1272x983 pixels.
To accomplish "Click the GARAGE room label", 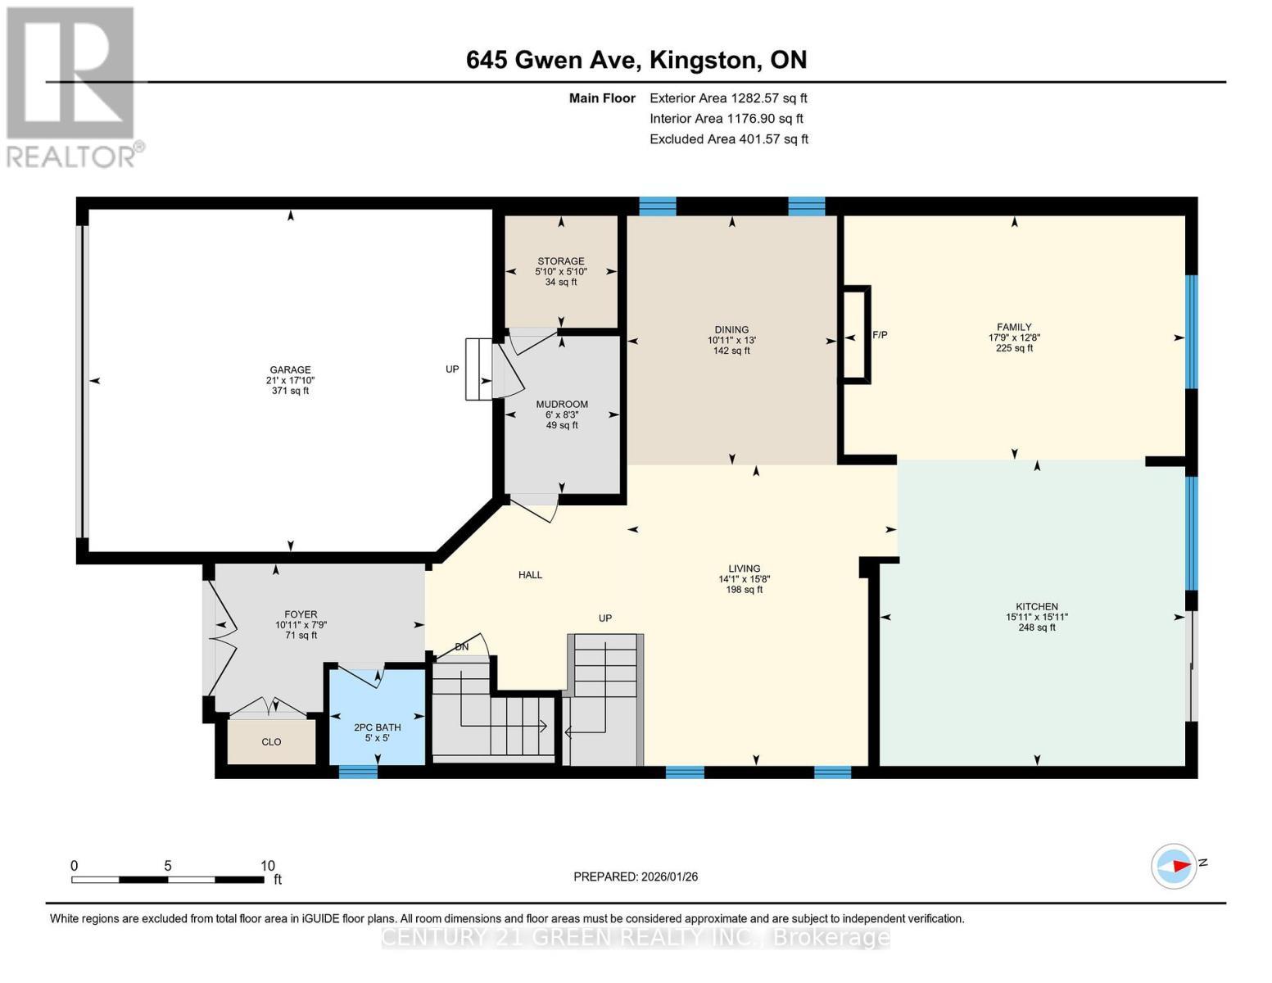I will [291, 369].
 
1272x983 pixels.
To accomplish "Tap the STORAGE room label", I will [561, 261].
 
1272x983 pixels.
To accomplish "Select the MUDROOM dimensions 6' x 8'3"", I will [562, 414].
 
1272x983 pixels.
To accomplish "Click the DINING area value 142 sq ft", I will [731, 351].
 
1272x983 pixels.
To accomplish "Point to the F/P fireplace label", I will [880, 335].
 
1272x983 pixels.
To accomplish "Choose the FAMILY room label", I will [1014, 327].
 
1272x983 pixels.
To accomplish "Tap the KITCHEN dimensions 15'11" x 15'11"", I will [1037, 618].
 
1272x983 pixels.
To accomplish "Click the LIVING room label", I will [744, 569].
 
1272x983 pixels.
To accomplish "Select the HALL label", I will [530, 575].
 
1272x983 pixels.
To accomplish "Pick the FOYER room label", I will [301, 614].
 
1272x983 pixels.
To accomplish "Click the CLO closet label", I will [271, 742].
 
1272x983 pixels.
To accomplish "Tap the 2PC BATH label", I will [377, 727].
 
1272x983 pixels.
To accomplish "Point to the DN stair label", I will [462, 647].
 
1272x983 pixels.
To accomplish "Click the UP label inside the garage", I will [452, 369].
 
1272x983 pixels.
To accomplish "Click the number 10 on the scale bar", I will [267, 866].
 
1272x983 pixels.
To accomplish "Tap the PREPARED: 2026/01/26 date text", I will [636, 877].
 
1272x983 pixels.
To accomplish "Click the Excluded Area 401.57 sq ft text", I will [729, 139].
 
